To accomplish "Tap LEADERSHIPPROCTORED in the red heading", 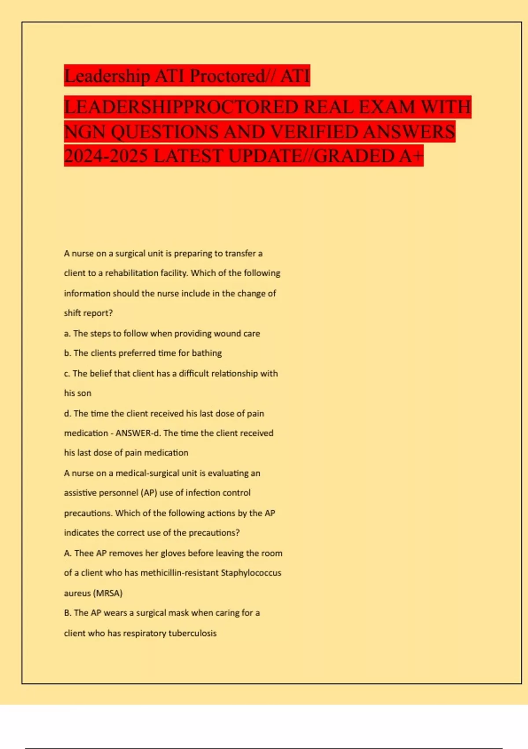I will pos(180,107).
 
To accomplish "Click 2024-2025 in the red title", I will pos(106,156).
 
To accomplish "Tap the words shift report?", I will pos(88,313).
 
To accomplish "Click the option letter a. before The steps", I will pos(67,334).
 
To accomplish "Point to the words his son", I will pos(78,393).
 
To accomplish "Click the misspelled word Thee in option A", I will pos(84,553).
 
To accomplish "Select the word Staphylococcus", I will pos(251,573).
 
